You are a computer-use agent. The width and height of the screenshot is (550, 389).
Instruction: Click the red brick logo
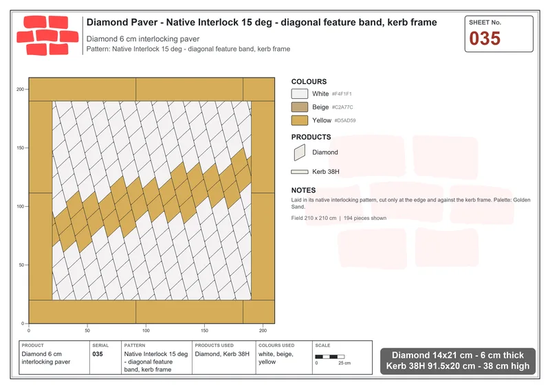coord(47,36)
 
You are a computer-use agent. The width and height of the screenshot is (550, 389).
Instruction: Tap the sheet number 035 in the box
coord(485,38)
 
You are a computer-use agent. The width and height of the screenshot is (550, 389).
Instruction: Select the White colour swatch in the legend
coord(300,93)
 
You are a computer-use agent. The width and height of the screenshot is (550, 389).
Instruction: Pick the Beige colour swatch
coord(300,107)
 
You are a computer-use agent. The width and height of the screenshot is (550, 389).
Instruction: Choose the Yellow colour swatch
coord(300,120)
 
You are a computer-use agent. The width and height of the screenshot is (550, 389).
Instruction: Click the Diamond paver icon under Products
coord(300,153)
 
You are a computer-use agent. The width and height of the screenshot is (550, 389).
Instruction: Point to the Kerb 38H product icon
coord(300,172)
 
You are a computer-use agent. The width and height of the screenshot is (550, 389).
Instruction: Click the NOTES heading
coord(303,190)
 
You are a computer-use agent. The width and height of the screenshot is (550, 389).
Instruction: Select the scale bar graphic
coord(330,357)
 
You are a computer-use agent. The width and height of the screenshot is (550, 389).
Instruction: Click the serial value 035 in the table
coord(98,354)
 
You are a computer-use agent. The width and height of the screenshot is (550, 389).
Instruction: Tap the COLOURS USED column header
coord(276,346)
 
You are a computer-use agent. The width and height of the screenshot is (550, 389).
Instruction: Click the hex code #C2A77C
coord(342,107)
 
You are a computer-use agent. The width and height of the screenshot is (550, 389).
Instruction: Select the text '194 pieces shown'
coord(365,218)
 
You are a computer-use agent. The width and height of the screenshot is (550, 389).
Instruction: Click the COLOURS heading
coord(309,82)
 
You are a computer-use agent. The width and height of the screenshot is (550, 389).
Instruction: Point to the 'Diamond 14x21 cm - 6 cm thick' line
coord(458,355)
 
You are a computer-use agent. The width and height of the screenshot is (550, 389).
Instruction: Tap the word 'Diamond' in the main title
coord(104,22)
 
